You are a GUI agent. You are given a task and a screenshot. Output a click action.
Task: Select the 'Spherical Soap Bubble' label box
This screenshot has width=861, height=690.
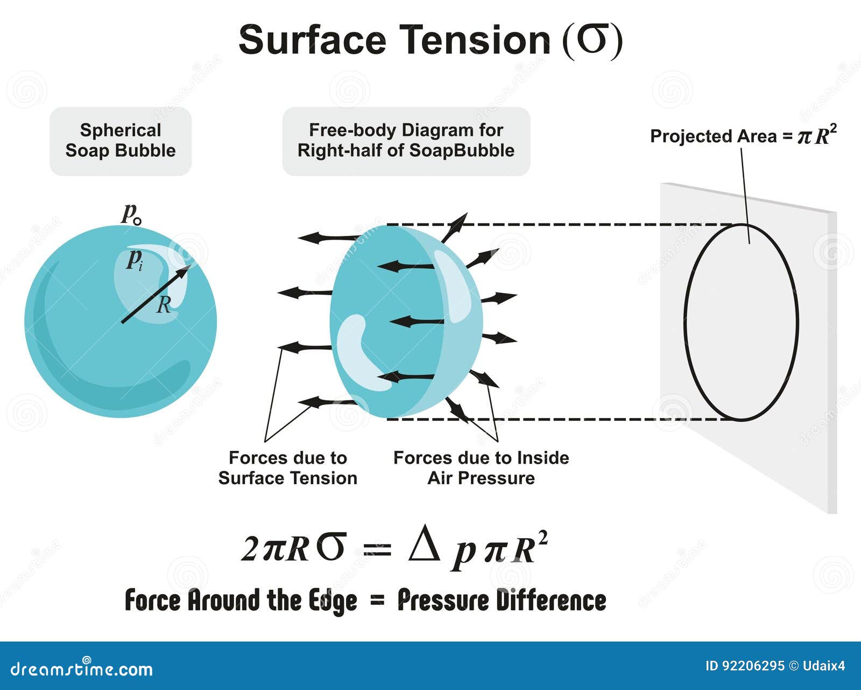[121, 141]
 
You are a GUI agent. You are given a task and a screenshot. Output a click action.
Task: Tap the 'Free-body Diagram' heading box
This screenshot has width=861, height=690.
[406, 141]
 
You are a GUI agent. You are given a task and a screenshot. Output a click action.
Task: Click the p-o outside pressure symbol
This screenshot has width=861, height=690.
[132, 214]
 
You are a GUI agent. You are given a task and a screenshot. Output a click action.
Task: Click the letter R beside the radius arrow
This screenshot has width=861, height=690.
[164, 305]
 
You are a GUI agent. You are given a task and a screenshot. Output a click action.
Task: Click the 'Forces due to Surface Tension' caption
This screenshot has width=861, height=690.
[288, 468]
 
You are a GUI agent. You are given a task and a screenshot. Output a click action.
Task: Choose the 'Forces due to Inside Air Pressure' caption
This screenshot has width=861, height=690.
[481, 468]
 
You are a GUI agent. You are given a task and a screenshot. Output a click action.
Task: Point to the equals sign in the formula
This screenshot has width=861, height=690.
[377, 548]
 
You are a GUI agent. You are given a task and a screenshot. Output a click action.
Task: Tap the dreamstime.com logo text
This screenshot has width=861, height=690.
[82, 669]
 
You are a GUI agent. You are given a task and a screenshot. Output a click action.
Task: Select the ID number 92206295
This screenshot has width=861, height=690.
[753, 666]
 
